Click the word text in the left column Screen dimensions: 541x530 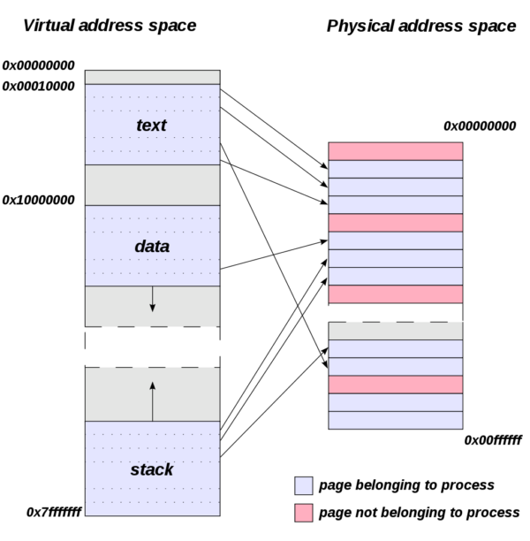click(x=151, y=126)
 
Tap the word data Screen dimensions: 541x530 click(x=152, y=247)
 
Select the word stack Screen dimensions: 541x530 click(x=152, y=469)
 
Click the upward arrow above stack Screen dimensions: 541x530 click(x=152, y=400)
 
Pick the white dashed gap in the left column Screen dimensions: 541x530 click(x=152, y=347)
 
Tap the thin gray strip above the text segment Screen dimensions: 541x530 click(x=152, y=77)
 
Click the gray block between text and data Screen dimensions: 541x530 click(x=152, y=185)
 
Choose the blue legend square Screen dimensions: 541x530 click(x=303, y=485)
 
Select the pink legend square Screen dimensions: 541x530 click(x=303, y=513)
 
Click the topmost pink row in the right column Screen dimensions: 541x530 click(x=395, y=151)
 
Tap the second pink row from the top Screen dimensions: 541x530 click(x=395, y=223)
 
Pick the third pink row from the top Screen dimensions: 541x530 click(x=395, y=294)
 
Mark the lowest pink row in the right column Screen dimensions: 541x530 click(x=395, y=385)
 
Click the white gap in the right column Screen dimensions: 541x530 click(x=395, y=313)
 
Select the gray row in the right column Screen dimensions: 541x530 click(x=395, y=331)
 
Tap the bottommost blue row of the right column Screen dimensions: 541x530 click(x=395, y=420)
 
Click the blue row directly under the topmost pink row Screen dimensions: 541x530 click(x=395, y=169)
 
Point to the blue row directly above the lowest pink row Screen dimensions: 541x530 click(x=395, y=366)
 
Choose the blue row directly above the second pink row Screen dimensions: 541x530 click(x=395, y=204)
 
